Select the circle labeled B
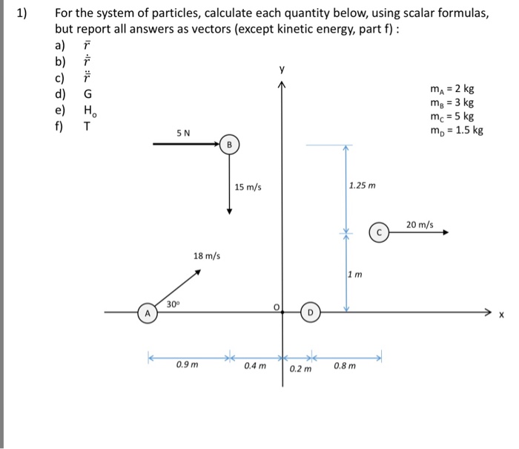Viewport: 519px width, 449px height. click(229, 145)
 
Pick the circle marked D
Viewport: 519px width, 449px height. click(311, 312)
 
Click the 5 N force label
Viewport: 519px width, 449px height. click(183, 133)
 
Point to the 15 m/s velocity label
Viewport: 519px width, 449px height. click(248, 187)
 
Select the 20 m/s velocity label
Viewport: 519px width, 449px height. click(420, 223)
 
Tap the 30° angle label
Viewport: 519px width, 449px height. click(173, 304)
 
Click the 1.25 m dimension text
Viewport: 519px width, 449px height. click(362, 186)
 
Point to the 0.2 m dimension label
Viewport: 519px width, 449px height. click(301, 369)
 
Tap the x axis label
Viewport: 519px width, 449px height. click(501, 315)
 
